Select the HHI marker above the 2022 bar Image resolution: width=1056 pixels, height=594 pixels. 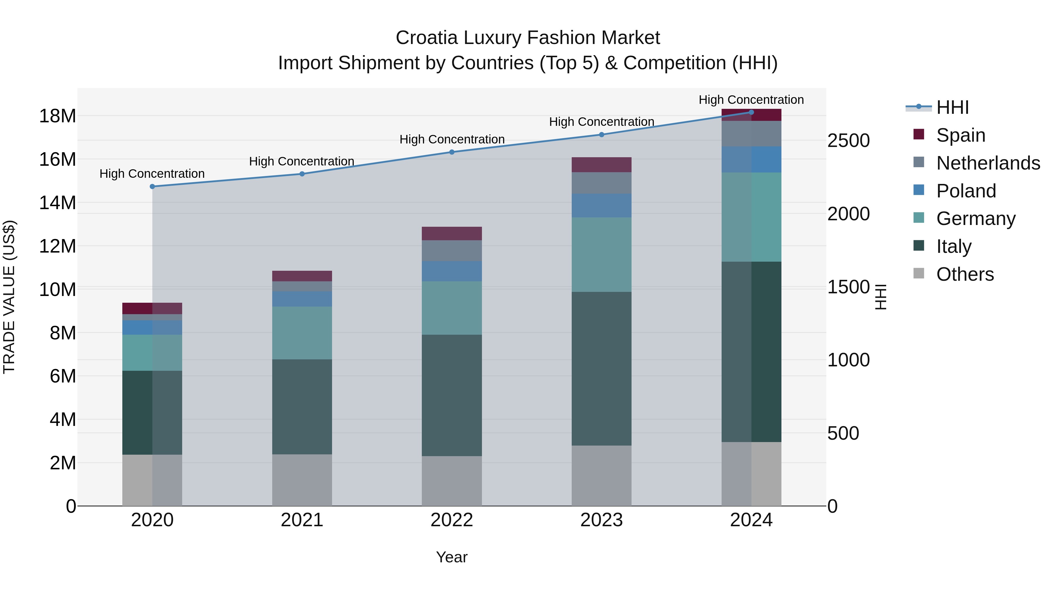tap(452, 152)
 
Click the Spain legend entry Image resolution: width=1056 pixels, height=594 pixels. tap(960, 135)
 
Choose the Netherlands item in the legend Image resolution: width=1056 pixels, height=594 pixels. tap(988, 163)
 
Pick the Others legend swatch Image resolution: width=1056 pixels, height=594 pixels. tap(919, 273)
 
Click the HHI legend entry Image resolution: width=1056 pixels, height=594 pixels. tap(952, 107)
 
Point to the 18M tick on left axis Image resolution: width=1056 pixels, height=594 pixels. tap(57, 116)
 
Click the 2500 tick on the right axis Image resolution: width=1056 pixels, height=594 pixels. tap(848, 141)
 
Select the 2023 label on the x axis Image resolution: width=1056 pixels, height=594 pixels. tap(601, 520)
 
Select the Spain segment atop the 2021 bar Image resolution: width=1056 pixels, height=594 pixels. tap(302, 276)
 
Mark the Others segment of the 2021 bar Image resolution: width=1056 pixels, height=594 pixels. tap(302, 480)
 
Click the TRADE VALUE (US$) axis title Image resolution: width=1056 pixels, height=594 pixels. tap(9, 297)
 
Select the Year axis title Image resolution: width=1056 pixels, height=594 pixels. tap(451, 557)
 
